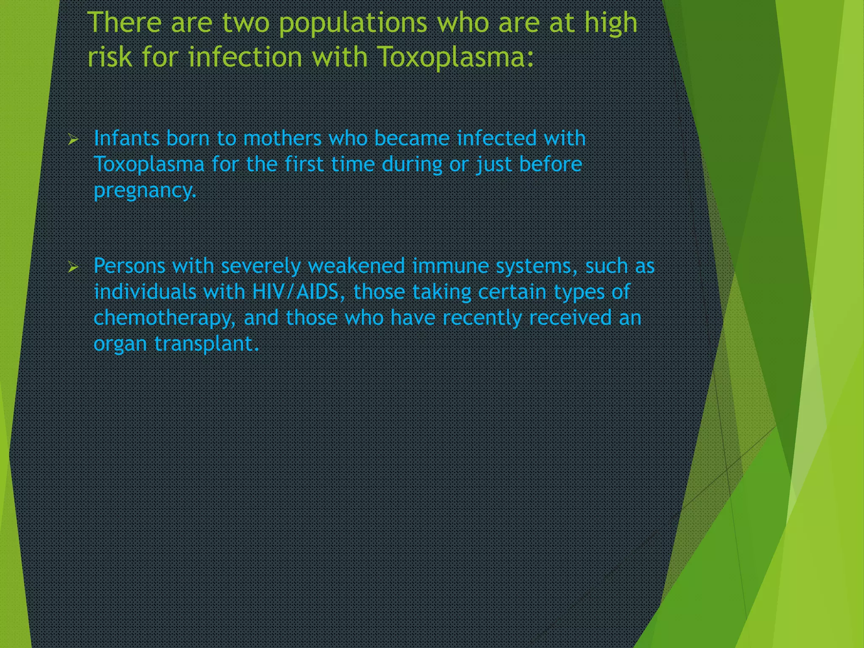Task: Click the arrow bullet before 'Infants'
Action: tap(73, 140)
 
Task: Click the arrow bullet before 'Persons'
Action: tap(73, 267)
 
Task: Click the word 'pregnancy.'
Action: tap(145, 191)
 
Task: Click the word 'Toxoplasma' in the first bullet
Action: tap(149, 165)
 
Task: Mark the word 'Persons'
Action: tap(129, 266)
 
